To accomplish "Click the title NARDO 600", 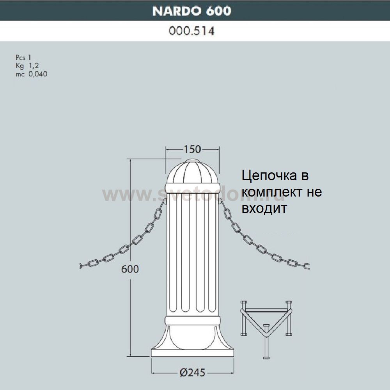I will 191,11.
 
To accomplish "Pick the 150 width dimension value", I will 192,149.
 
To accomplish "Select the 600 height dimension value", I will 129,269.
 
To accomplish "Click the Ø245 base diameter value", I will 192,372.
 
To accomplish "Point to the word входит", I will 264,208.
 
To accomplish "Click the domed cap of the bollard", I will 192,174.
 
